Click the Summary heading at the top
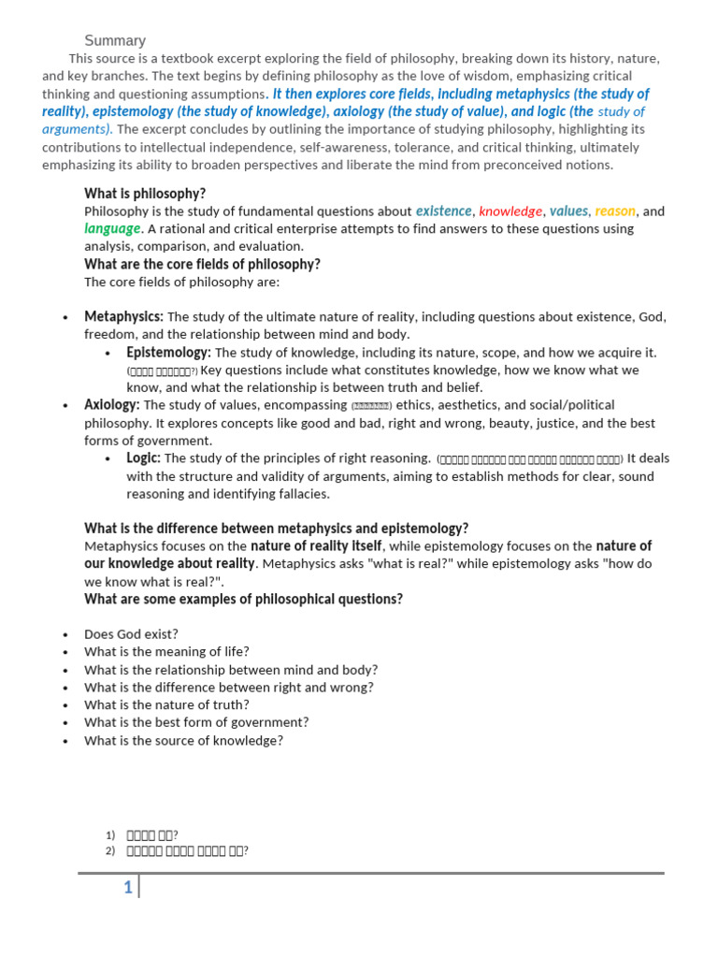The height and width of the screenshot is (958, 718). (115, 40)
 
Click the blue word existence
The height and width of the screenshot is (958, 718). (444, 210)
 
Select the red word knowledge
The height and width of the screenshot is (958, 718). (510, 211)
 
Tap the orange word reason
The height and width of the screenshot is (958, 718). (615, 210)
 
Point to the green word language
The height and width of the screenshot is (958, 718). (112, 228)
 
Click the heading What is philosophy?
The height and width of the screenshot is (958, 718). (145, 193)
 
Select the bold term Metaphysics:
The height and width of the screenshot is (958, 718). (123, 316)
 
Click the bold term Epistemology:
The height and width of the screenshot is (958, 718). (168, 352)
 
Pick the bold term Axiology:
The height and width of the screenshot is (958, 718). (112, 405)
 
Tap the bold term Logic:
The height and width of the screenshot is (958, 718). (144, 457)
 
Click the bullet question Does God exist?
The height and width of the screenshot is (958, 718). (131, 633)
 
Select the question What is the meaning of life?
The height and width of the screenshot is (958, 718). (166, 651)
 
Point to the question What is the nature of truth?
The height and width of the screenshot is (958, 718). (166, 704)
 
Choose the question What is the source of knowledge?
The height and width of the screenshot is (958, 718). (183, 740)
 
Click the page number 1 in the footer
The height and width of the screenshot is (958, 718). (128, 888)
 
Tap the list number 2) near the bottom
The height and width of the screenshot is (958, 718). (110, 850)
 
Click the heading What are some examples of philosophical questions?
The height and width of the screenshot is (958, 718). (243, 599)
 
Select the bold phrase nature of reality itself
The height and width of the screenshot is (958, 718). (316, 545)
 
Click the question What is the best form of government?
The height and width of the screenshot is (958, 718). (196, 722)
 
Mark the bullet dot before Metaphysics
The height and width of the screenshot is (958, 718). (65, 317)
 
